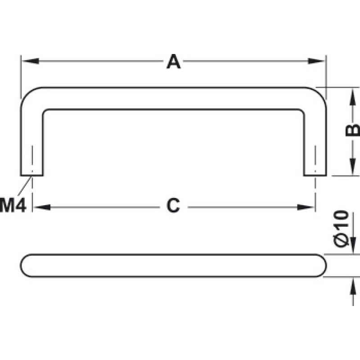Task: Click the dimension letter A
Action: coord(174,62)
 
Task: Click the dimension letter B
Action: coord(352,130)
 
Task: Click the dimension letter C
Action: coord(173,206)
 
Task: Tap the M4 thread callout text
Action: coord(13,205)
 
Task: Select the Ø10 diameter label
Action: coord(341,229)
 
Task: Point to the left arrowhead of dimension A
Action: coord(31,61)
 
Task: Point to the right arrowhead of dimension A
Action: coord(316,61)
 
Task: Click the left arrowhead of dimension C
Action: coord(42,207)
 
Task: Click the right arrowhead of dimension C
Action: coord(306,207)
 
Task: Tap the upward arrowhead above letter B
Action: coord(353,96)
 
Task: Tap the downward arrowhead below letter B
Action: coord(353,167)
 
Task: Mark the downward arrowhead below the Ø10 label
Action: coord(353,245)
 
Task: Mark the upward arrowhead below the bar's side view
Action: coord(353,286)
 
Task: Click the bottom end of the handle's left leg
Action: coord(31,175)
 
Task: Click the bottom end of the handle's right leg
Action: coord(315,175)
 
